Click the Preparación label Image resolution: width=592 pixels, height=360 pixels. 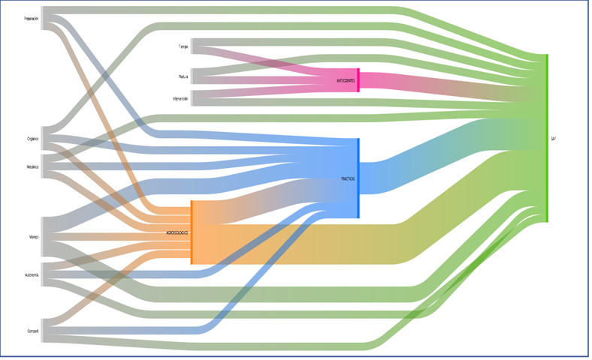(x=31, y=19)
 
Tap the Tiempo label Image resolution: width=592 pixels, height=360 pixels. (x=183, y=46)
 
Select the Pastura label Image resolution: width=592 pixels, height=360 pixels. (x=183, y=76)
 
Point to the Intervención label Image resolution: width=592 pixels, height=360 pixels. (x=180, y=98)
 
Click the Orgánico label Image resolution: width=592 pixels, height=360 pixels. (x=32, y=139)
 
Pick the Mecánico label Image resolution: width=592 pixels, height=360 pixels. (x=32, y=166)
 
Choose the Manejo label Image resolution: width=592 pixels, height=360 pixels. (x=34, y=237)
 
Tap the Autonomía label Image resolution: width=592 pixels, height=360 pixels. (x=32, y=275)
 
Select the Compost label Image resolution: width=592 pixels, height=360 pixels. (x=32, y=330)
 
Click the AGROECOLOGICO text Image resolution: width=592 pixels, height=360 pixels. (x=177, y=232)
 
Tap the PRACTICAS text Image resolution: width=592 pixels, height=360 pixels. (x=348, y=178)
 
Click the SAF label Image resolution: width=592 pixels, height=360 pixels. (x=554, y=139)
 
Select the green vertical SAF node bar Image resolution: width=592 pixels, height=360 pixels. (x=547, y=138)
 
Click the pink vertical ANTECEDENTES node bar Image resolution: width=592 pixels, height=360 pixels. (x=358, y=79)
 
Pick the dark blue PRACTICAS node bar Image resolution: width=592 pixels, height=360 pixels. (x=358, y=178)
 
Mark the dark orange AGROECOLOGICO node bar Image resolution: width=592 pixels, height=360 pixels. (x=192, y=232)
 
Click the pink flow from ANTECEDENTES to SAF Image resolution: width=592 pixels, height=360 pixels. (x=451, y=87)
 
